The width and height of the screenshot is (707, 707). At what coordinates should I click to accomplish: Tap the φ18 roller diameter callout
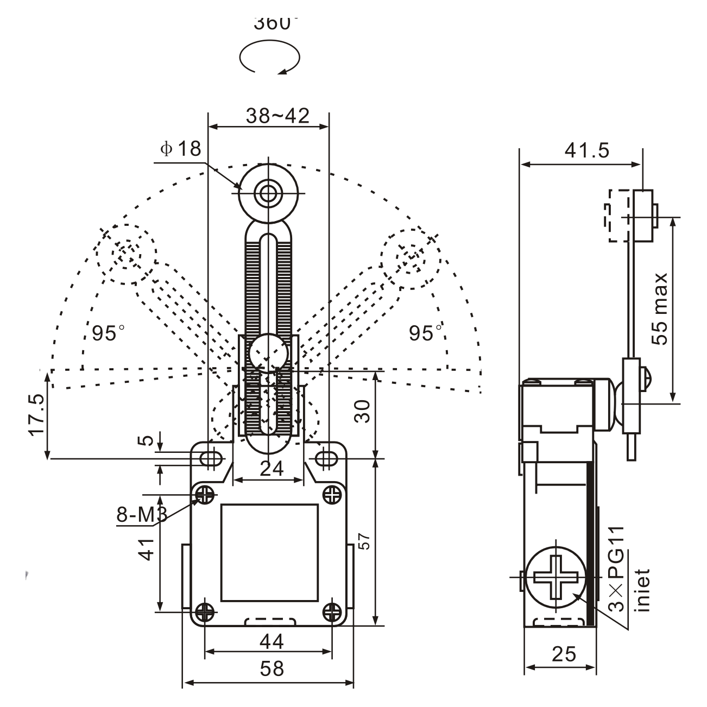181,149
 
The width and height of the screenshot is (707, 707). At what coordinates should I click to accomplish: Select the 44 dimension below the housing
271,641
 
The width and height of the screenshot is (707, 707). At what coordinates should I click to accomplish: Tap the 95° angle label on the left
108,333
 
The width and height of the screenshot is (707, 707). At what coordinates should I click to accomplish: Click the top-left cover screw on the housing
205,494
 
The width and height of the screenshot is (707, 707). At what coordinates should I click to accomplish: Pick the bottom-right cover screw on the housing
331,612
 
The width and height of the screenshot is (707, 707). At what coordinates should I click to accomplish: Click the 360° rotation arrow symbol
270,57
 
